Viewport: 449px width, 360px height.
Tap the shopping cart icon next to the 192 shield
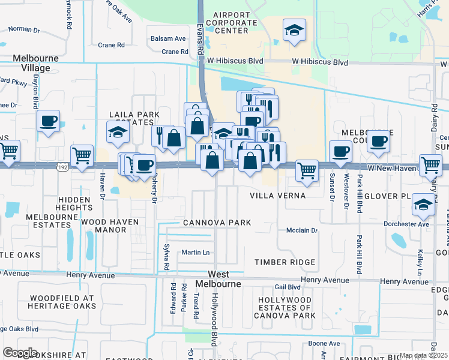click(x=82, y=155)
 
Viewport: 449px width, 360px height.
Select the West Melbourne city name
click(x=218, y=278)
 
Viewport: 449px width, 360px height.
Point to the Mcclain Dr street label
click(x=301, y=230)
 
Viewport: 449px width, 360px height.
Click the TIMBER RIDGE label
click(x=285, y=262)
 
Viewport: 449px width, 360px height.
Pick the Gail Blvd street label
click(x=287, y=287)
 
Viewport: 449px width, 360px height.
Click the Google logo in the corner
click(x=20, y=353)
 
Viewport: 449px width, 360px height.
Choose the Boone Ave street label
click(x=324, y=343)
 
